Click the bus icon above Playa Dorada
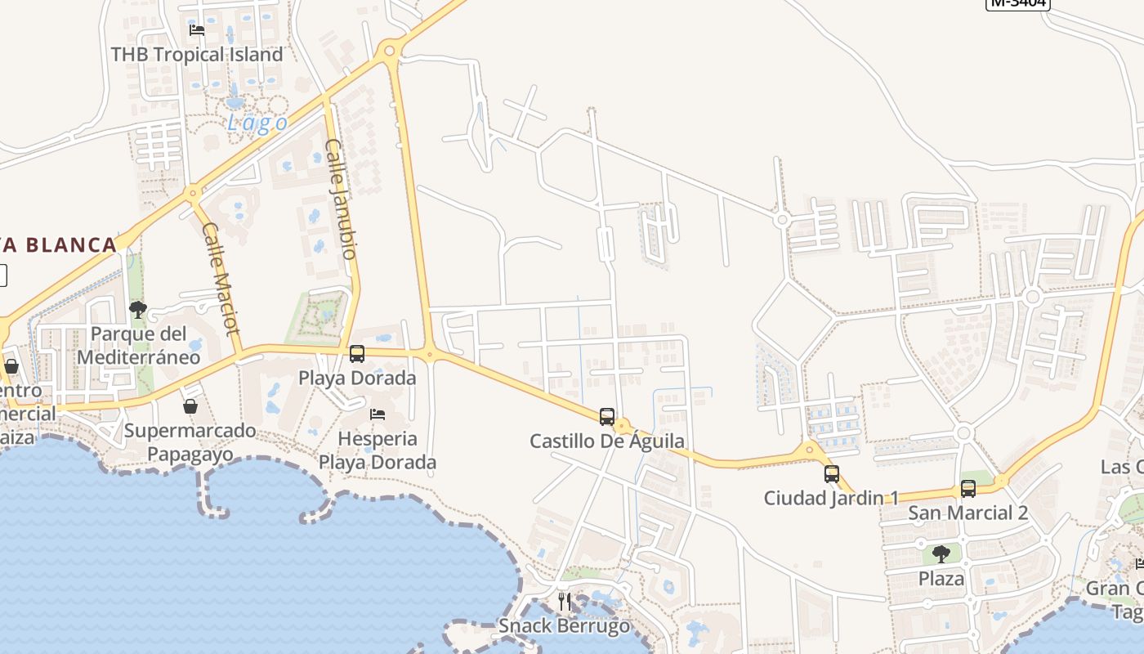point(357,354)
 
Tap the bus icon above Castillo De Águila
point(606,417)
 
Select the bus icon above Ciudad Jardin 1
point(832,474)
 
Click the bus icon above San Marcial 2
point(968,489)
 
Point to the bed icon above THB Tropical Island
point(197,30)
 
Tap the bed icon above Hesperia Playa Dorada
point(378,414)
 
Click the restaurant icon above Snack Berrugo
point(565,602)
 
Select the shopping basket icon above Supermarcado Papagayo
point(190,406)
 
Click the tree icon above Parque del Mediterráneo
point(138,310)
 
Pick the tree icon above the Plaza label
point(941,554)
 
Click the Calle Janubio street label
point(342,199)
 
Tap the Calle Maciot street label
point(221,278)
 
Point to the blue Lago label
point(257,123)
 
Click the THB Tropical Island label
point(197,55)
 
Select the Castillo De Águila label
point(607,441)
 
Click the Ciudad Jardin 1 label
point(831,498)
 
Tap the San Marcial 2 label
point(968,513)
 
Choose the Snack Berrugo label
point(565,626)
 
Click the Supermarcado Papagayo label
point(190,442)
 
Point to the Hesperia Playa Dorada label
point(378,450)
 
